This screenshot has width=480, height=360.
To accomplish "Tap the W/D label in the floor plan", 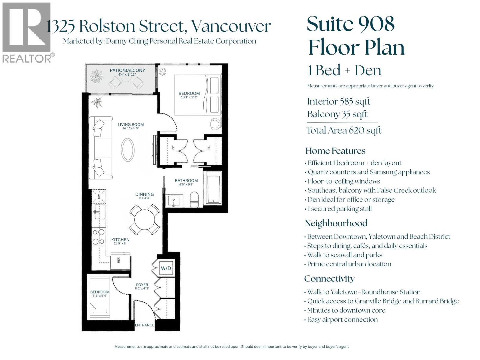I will coord(166,268).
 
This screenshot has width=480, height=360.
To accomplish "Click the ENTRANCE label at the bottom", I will coord(144,325).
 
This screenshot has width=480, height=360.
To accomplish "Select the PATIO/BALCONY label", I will coord(127,70).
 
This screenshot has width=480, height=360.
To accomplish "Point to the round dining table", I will coord(145,220).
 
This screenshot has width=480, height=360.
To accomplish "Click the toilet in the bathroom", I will coord(195,199).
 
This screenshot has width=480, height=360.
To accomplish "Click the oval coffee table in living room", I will coord(127,150).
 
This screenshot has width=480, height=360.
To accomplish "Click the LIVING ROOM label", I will coord(130,124).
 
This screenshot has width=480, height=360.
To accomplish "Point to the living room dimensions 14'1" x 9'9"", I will coord(130,128).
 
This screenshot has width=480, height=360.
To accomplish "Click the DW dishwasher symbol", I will coord(99,196).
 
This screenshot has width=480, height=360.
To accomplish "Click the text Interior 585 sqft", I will coord(338,102).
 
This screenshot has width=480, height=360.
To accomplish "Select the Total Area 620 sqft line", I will coord(344,130).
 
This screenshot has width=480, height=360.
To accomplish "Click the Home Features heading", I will coord(335,151).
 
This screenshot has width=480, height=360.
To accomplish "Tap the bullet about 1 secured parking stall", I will coord(339,209).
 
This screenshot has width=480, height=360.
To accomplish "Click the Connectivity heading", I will coord(329,279).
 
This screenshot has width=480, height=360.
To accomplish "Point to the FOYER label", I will coord(142,285).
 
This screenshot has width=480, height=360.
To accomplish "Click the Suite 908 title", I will coord(350,24).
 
